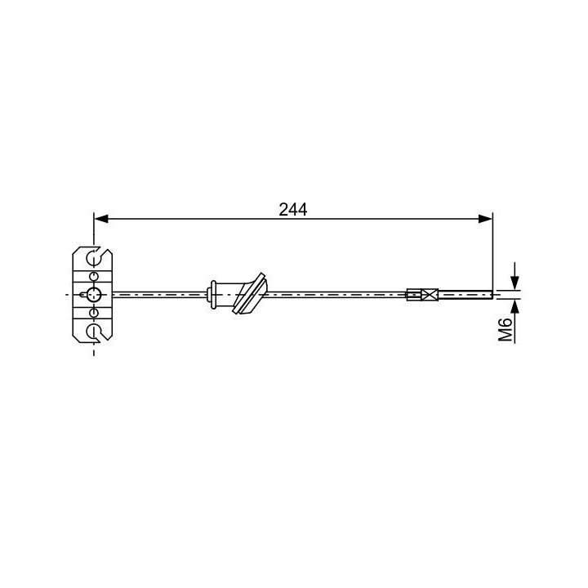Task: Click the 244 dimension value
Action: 292,209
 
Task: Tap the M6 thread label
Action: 506,329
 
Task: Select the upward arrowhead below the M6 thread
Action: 514,306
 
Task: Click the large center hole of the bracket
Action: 94,294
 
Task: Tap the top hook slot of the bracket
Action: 94,259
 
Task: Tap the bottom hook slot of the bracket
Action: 94,330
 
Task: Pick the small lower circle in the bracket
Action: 94,312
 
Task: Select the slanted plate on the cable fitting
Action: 251,294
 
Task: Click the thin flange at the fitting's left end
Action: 212,294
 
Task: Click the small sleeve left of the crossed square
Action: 412,294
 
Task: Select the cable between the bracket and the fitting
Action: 159,294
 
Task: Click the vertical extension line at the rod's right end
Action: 493,253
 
